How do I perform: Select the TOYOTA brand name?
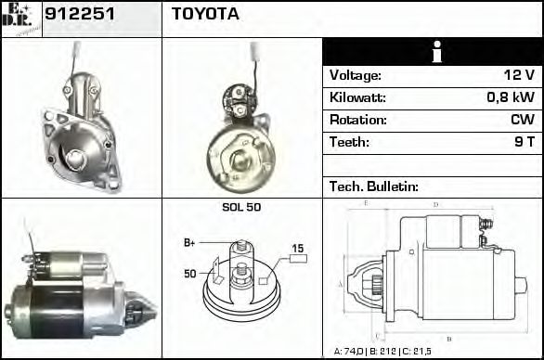[x=205, y=15]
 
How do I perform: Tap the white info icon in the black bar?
[x=432, y=52]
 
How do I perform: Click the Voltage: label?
[x=356, y=76]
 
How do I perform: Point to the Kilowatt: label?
[x=359, y=97]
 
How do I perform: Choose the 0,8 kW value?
[x=511, y=97]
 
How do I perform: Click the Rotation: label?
[x=358, y=120]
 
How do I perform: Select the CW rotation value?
[x=522, y=120]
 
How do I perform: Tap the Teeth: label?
[x=349, y=142]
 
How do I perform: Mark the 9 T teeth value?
[x=524, y=142]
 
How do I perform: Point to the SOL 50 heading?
[x=241, y=207]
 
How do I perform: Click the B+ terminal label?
[x=189, y=242]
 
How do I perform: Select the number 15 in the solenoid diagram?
[x=298, y=248]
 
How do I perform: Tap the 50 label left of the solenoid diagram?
[x=189, y=274]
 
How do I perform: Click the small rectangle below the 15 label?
[x=298, y=260]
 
